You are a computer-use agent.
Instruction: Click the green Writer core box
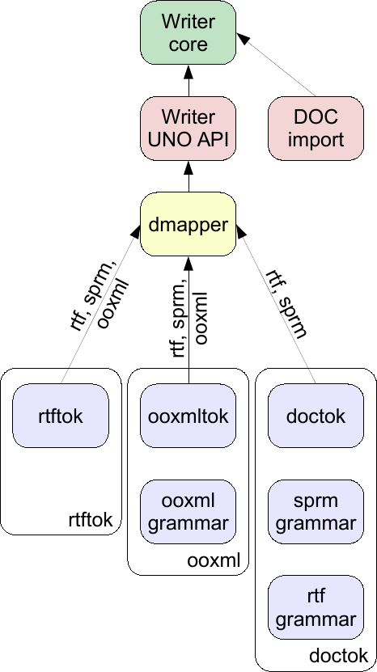coord(188,32)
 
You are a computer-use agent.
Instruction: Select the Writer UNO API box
coord(188,129)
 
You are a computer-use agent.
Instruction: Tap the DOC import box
coord(316,129)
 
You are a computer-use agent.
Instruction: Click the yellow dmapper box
coord(188,224)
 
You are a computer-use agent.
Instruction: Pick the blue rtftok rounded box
coord(61,416)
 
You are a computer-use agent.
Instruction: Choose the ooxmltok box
coord(188,416)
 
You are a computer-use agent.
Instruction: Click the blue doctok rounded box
coord(316,416)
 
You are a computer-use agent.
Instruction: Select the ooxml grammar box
coord(188,512)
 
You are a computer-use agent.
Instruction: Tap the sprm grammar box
coord(316,512)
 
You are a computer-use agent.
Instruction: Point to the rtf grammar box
coord(316,607)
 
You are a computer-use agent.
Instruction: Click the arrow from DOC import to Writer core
coord(276,64)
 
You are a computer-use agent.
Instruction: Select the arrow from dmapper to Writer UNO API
coord(188,176)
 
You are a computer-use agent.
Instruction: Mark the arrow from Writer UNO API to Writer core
coord(188,81)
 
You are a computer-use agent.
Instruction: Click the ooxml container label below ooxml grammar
coord(213,560)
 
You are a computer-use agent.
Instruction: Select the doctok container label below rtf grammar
coord(338,656)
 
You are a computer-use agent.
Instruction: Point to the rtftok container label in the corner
coord(91,520)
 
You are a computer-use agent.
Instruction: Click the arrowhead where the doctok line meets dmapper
coord(241,231)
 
